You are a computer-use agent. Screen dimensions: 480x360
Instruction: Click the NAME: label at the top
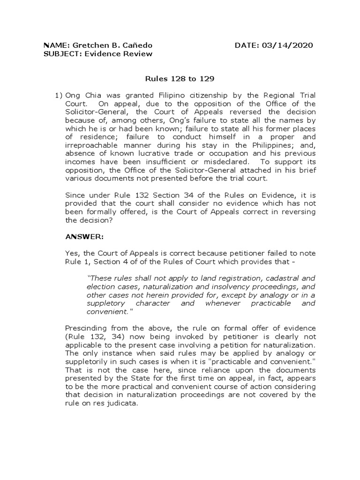coord(56,45)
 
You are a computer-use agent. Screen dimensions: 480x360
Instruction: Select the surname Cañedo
coord(138,45)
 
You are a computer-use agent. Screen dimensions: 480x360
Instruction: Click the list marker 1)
coord(59,95)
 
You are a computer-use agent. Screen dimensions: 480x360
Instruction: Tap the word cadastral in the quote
coord(287,278)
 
